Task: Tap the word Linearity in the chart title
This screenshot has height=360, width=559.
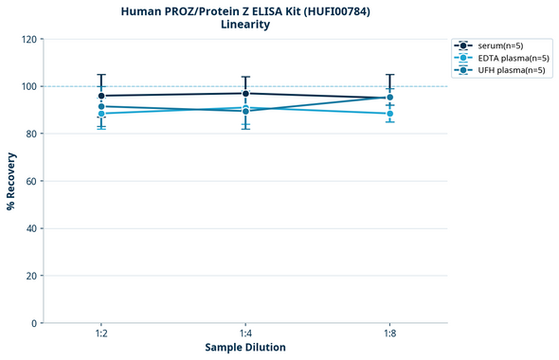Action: [x=244, y=25]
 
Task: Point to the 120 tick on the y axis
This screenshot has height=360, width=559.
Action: [x=28, y=40]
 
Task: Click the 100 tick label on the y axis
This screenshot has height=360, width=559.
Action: [x=28, y=87]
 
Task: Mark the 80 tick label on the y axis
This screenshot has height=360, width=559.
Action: [x=31, y=135]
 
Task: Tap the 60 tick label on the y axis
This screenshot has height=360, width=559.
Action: [x=31, y=182]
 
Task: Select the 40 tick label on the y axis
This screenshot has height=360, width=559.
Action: [x=31, y=229]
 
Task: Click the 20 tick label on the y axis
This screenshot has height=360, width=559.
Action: [x=31, y=277]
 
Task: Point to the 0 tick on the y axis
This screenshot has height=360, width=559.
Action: [x=34, y=324]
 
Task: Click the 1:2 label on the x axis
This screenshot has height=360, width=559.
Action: [x=101, y=334]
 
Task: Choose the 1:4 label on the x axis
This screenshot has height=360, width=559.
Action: [x=245, y=334]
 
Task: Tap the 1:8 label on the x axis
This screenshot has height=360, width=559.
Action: [x=389, y=334]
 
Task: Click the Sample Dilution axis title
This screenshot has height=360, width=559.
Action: [x=245, y=348]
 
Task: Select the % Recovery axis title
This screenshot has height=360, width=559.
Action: [x=11, y=180]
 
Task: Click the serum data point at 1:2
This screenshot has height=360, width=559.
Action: [x=101, y=96]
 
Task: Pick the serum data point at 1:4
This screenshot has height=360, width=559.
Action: [x=245, y=93]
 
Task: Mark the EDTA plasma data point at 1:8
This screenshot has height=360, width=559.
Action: [x=389, y=114]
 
